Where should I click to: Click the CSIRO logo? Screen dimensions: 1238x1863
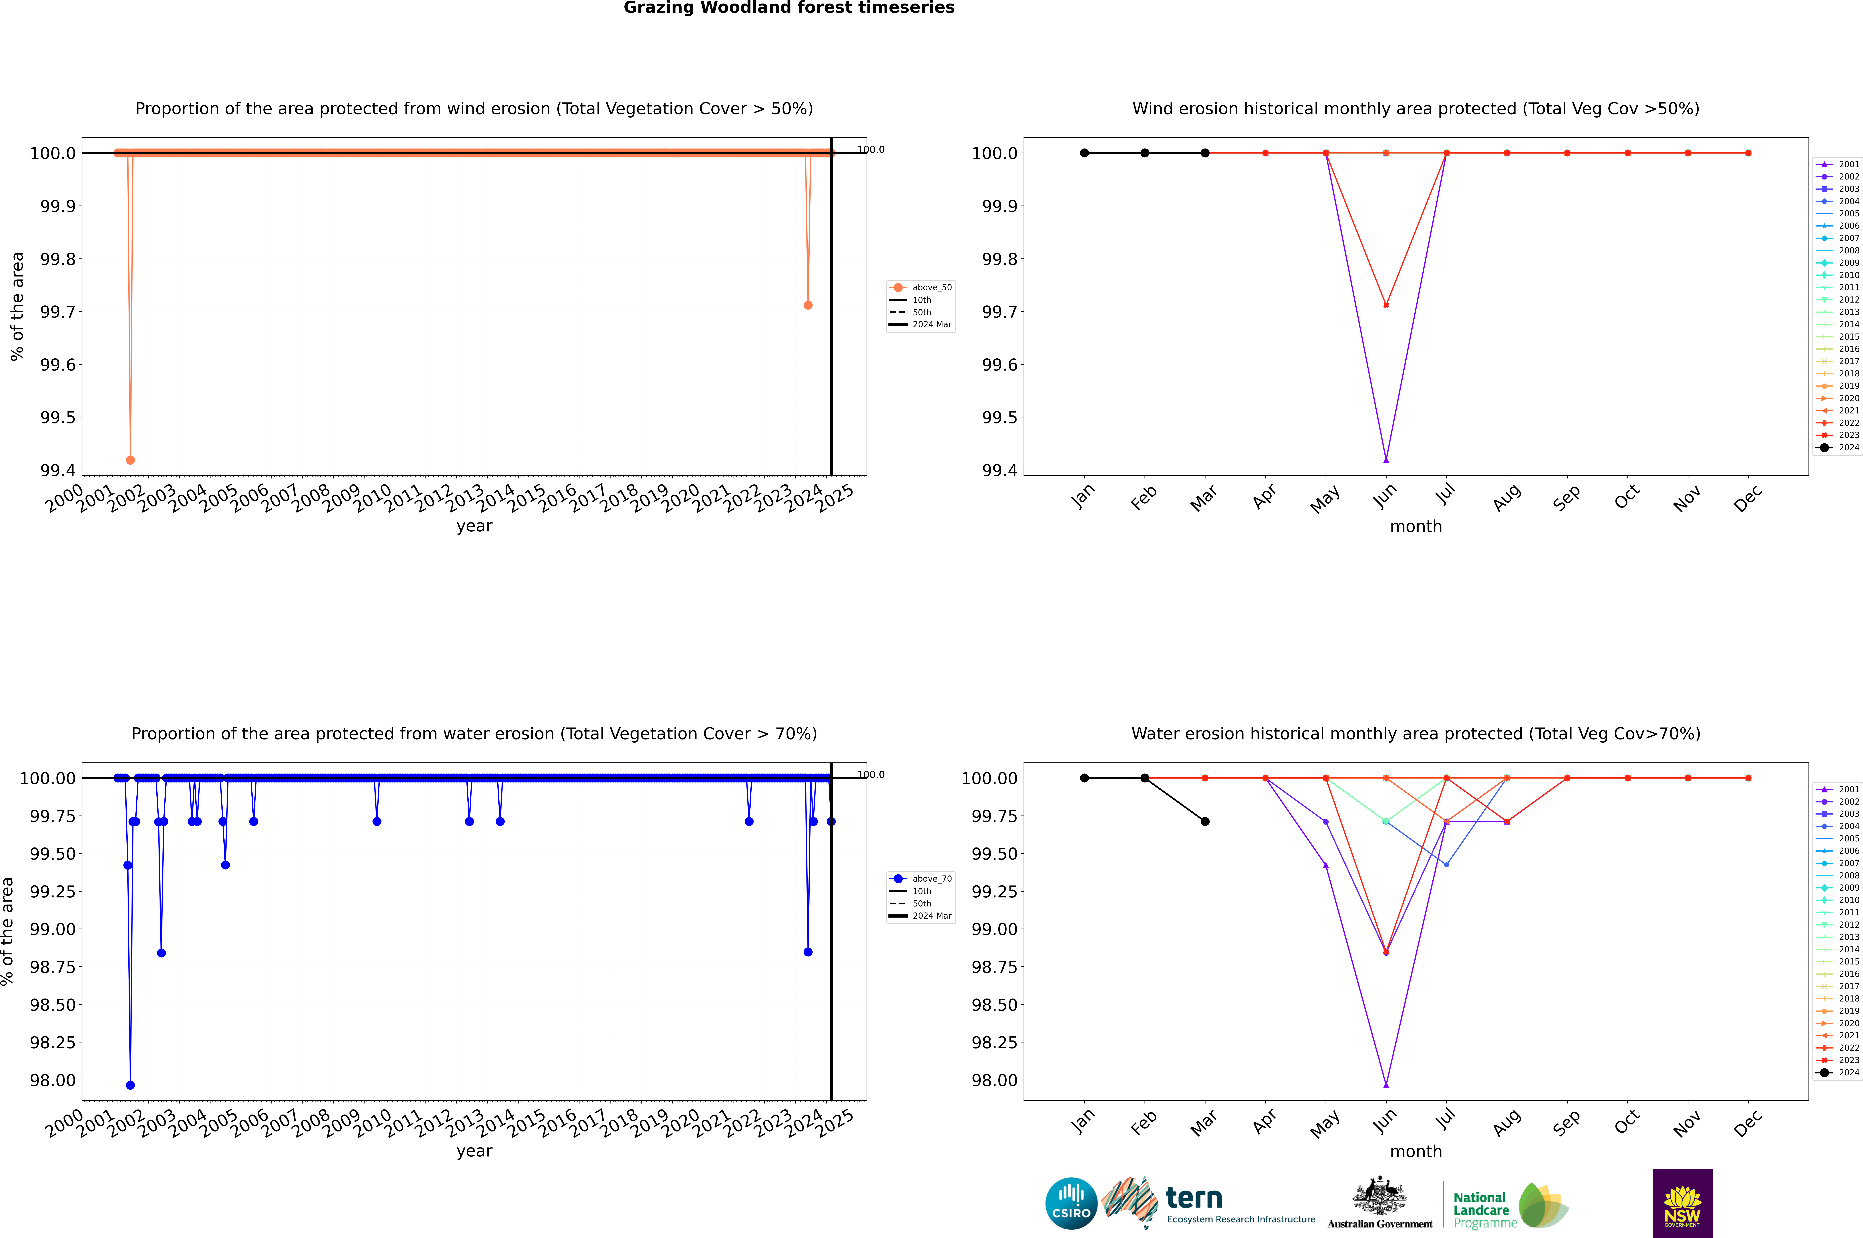tap(1071, 1203)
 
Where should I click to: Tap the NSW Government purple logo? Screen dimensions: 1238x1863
tap(1682, 1203)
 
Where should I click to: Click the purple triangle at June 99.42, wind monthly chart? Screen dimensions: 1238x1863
tap(1386, 459)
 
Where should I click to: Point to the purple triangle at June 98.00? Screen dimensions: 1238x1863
tap(1386, 1085)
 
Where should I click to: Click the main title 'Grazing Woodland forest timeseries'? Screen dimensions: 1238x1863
tap(789, 8)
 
